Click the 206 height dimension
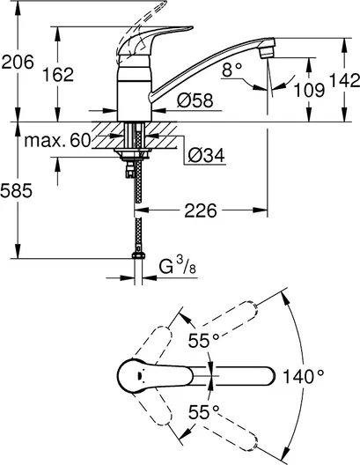coord(18,62)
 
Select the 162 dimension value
coord(58,75)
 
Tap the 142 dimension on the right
coord(344,80)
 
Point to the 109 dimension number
coord(309,90)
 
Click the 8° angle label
coord(231,70)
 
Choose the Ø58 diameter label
coord(195,100)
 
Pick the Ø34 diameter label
coord(207,154)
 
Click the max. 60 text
coord(57,140)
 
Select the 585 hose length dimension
coord(16,190)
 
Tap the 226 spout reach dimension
coord(201,210)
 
